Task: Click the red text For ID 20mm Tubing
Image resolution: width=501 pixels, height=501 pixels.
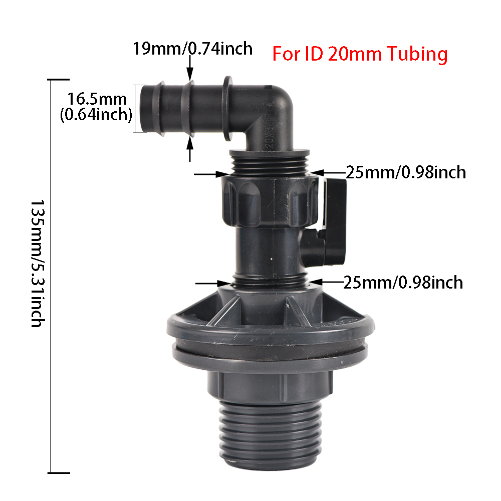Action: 359,53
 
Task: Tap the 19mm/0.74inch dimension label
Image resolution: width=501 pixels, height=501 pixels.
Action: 192,49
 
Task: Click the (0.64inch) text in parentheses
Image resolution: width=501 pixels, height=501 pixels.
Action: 96,115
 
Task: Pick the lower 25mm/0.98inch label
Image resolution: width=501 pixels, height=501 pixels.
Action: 403,283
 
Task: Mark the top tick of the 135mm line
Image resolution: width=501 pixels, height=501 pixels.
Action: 59,80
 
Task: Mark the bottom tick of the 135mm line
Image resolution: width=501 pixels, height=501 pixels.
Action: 59,472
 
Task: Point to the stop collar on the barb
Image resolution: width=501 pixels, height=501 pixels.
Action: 226,109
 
